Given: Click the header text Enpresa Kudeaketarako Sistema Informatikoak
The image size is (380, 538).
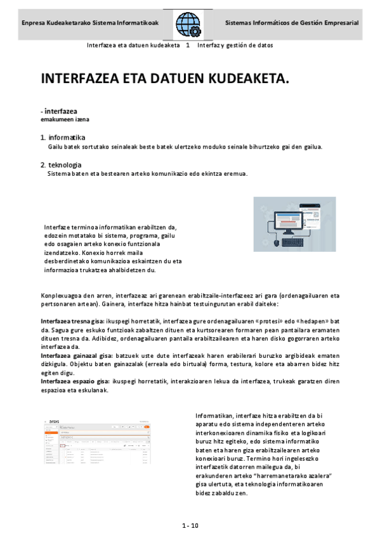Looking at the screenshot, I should coord(89,23).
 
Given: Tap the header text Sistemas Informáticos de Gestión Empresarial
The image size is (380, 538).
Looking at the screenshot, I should coord(292,23).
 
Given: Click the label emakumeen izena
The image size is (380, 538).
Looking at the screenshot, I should coord(65,119).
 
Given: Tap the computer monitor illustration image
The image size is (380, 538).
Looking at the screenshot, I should coord(294,222).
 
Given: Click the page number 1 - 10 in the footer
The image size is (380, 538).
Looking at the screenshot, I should coord(190,525).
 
